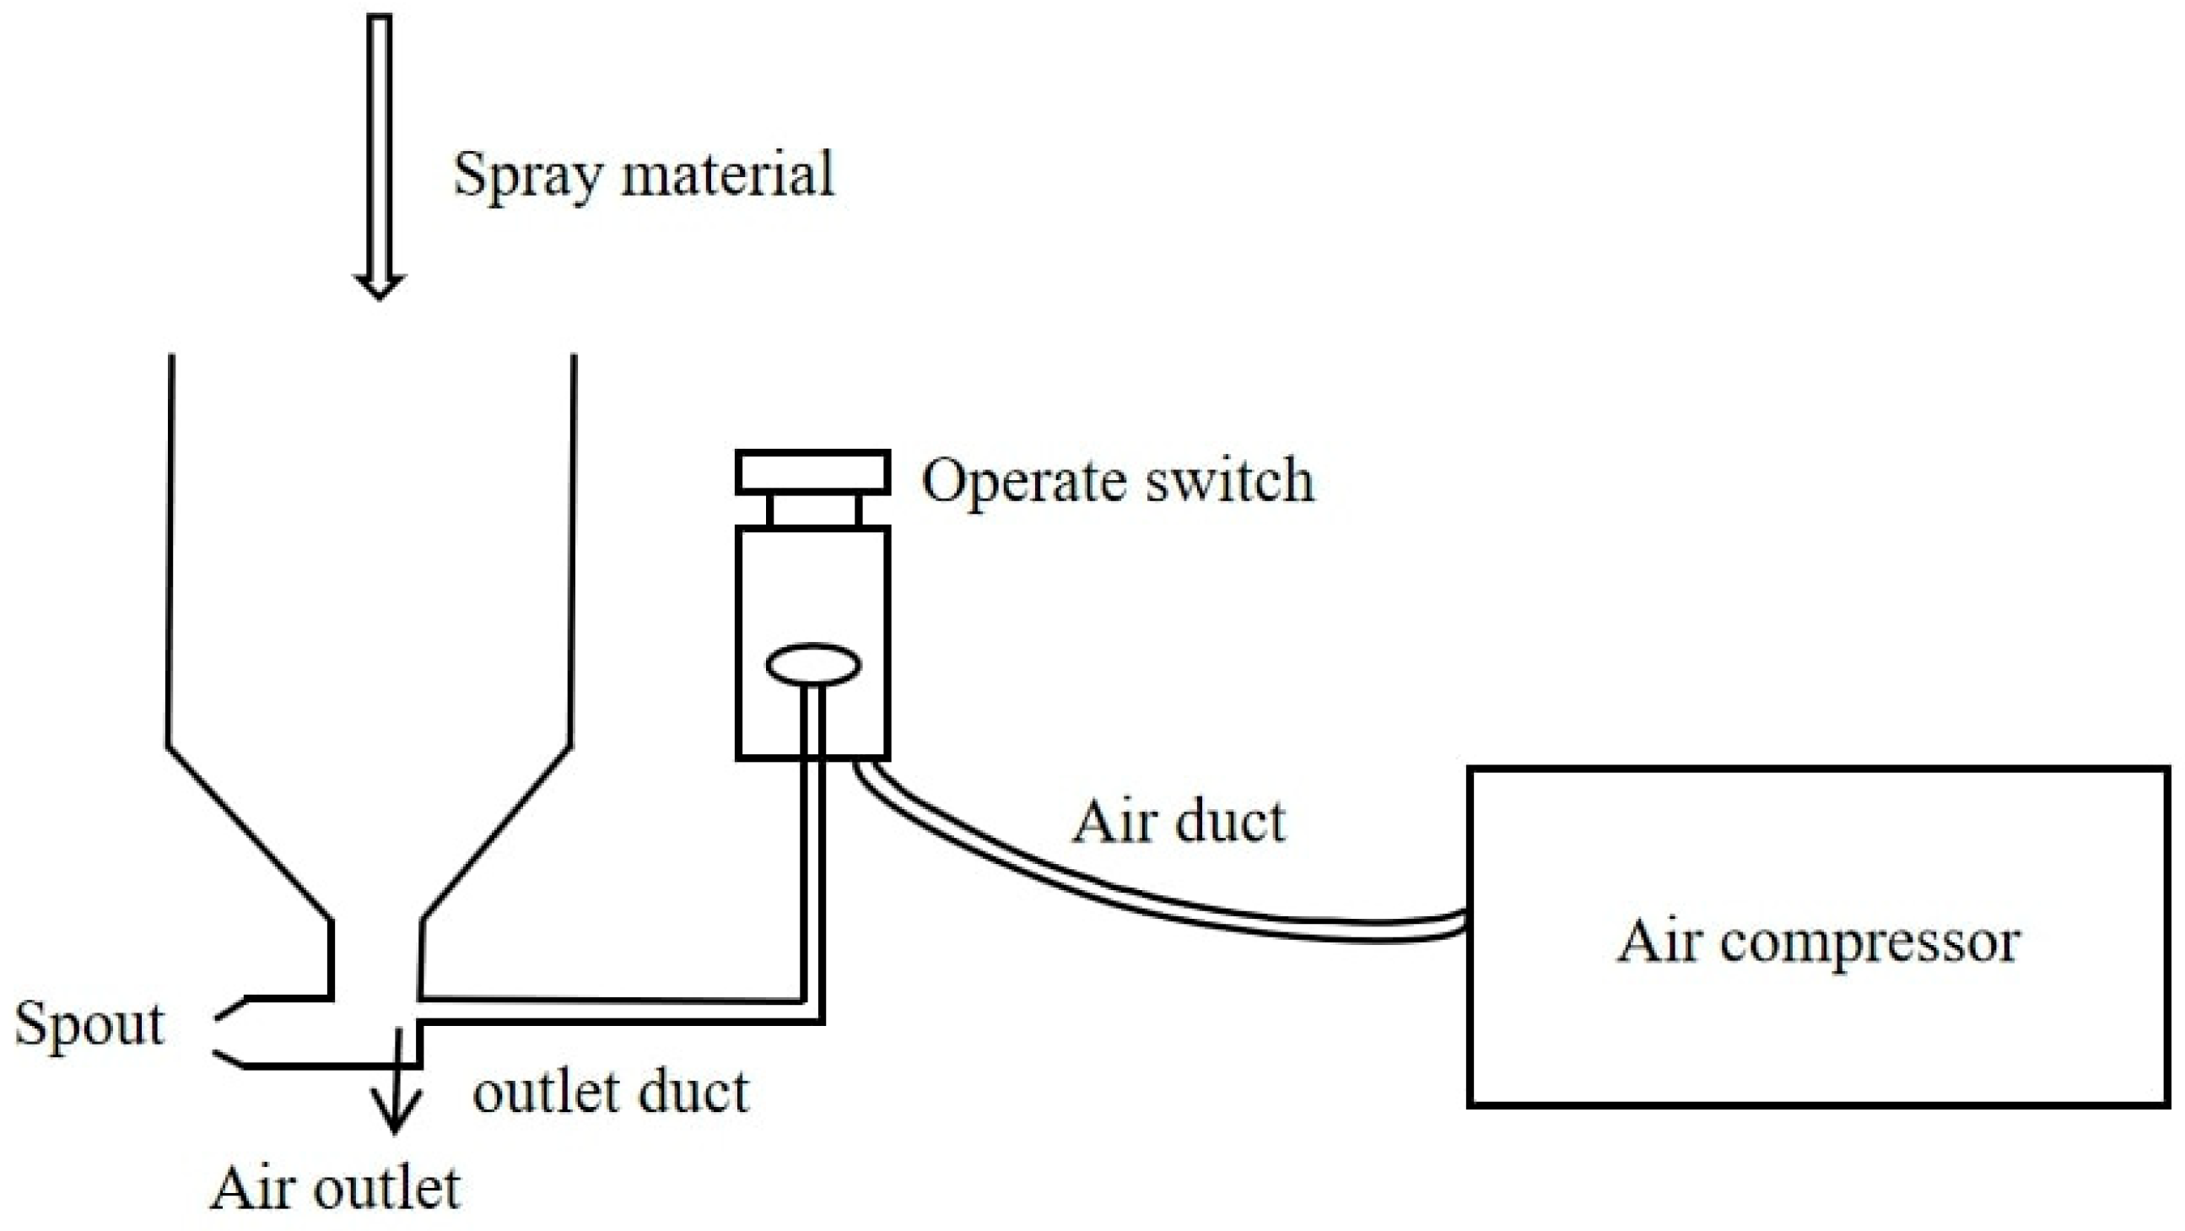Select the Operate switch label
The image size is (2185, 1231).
coord(1117,481)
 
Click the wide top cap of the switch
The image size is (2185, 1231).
coord(812,472)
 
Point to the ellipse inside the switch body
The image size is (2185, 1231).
coord(813,664)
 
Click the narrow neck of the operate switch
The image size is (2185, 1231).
coord(813,510)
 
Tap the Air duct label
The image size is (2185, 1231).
coord(1179,822)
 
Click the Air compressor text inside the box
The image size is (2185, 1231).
coord(1818,943)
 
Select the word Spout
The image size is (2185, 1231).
coord(89,1026)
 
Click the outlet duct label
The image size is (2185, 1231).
coord(611,1092)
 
